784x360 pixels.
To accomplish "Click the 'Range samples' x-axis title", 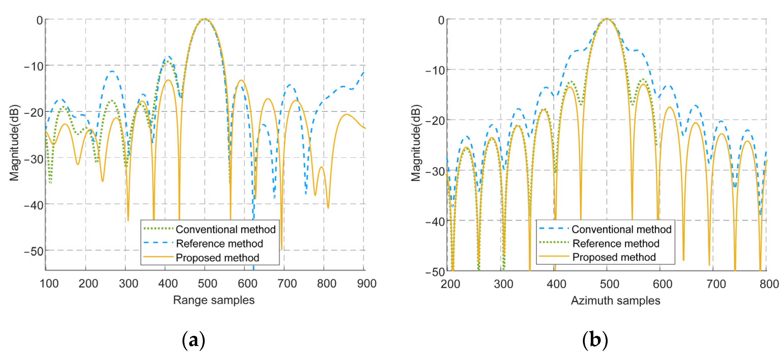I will pyautogui.click(x=214, y=300).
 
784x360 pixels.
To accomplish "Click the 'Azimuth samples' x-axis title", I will pyautogui.click(x=615, y=300).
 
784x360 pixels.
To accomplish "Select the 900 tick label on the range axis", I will pyautogui.click(x=367, y=284).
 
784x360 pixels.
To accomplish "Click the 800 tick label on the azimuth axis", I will pyautogui.click(x=769, y=284).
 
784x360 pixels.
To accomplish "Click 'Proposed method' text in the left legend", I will pyautogui.click(x=217, y=258).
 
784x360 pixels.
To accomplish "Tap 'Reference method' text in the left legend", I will pyautogui.click(x=219, y=243).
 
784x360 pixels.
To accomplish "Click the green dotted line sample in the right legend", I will pyautogui.click(x=554, y=242).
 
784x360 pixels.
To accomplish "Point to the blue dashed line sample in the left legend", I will pyautogui.click(x=158, y=243).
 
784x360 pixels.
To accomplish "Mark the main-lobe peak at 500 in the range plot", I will pyautogui.click(x=205, y=19).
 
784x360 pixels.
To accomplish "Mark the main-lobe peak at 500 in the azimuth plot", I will pyautogui.click(x=607, y=19).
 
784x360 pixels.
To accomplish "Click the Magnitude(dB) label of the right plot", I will pyautogui.click(x=416, y=143).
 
